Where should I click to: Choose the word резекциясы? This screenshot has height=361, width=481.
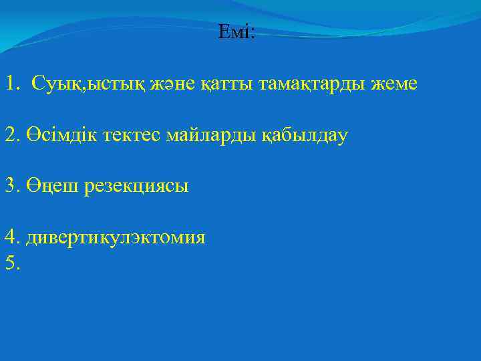click(x=136, y=187)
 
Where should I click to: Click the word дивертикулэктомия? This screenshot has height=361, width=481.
click(x=115, y=237)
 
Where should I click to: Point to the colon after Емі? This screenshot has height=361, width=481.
click(x=252, y=33)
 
